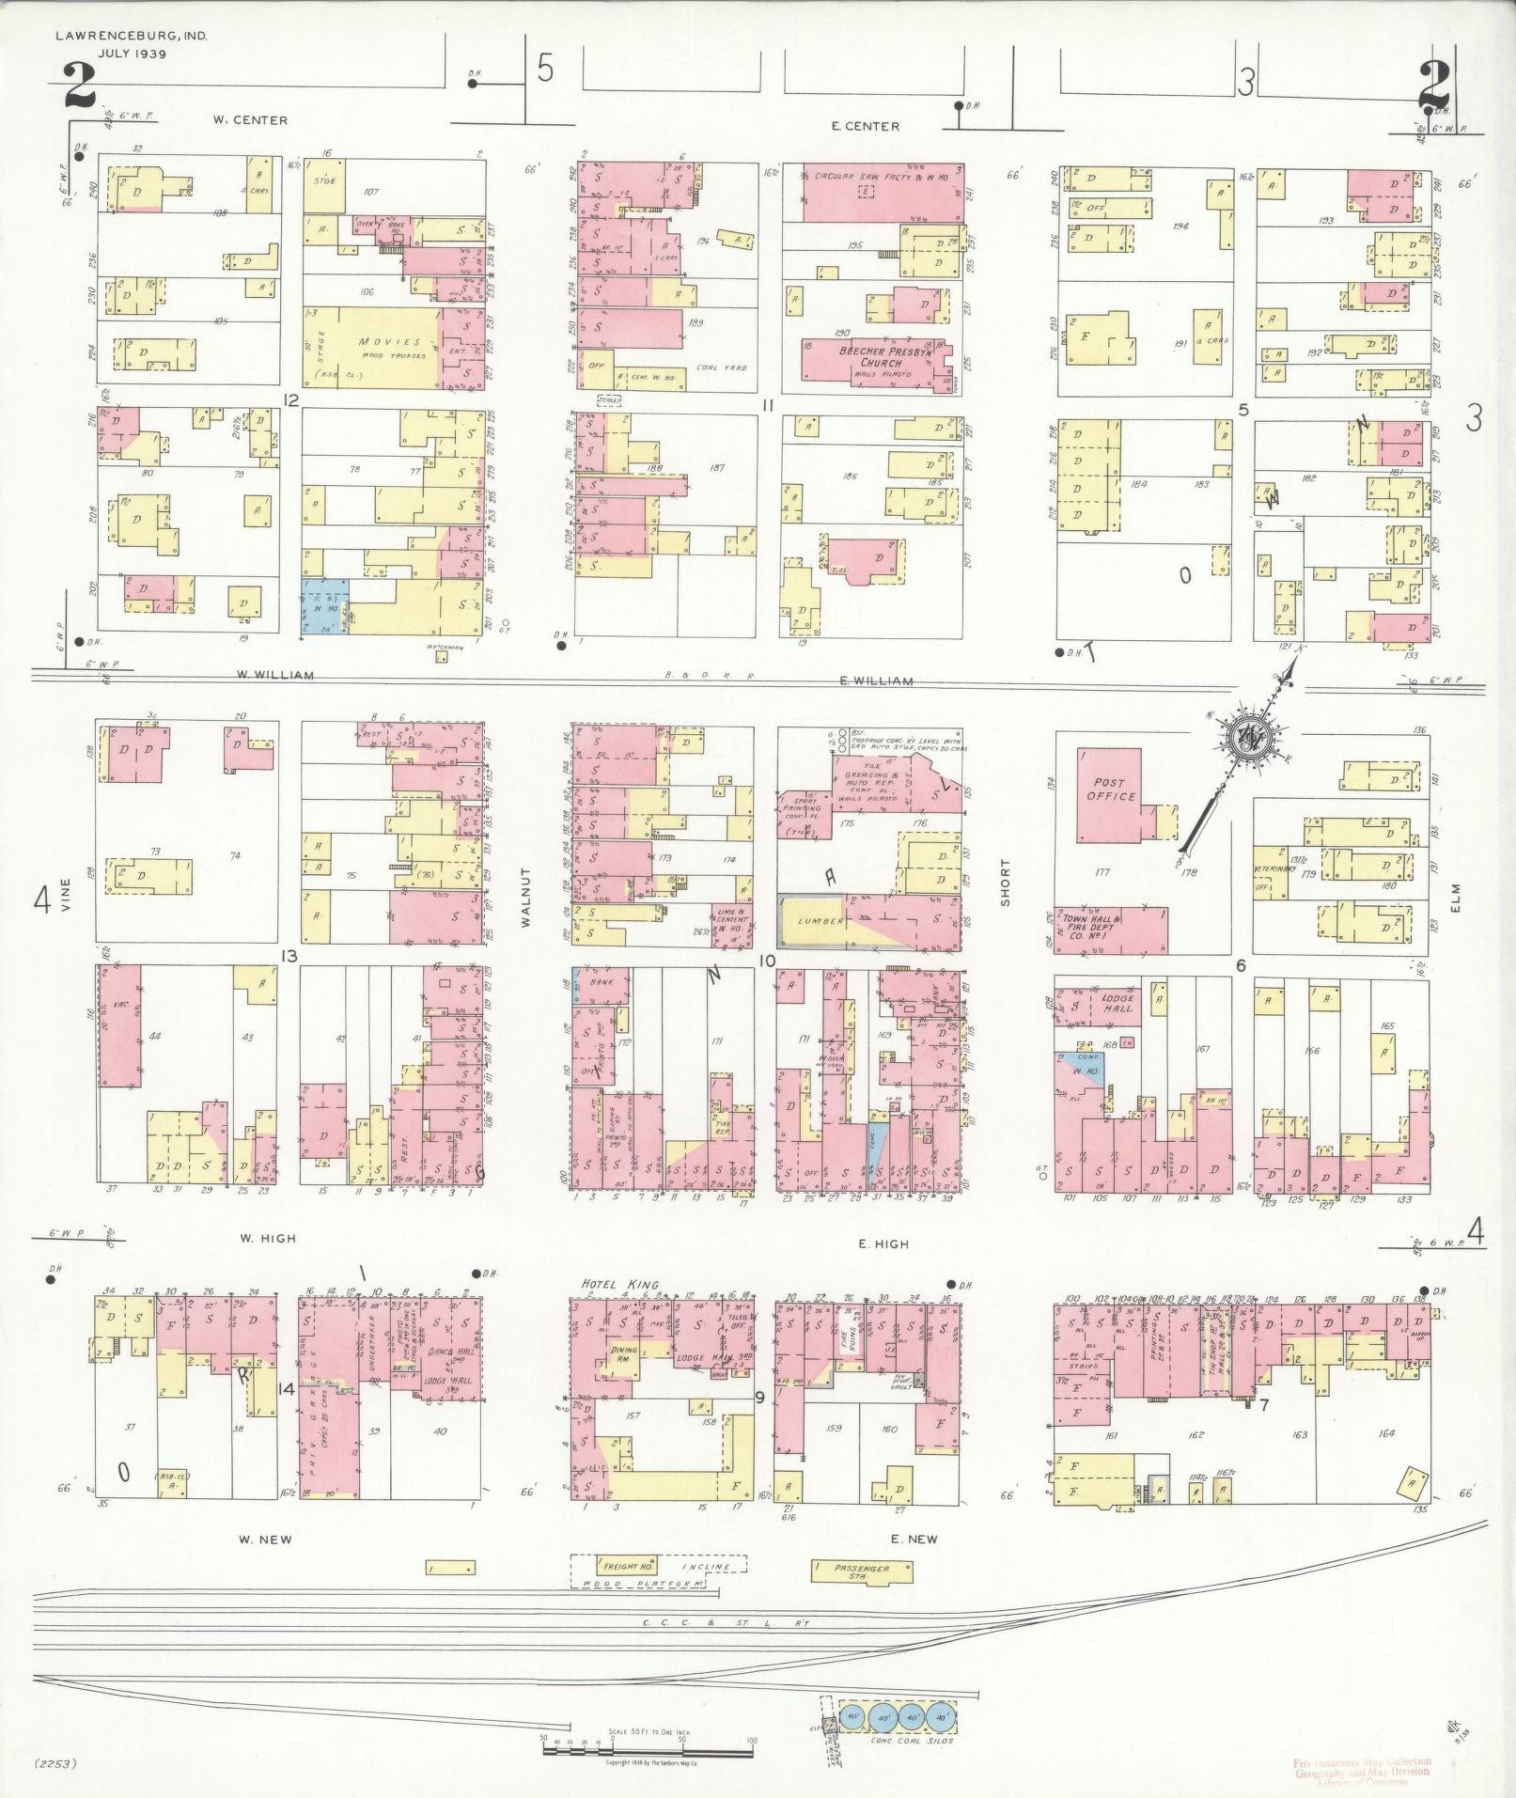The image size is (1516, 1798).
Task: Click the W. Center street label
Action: [x=250, y=120]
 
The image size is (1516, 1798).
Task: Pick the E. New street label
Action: [x=913, y=1539]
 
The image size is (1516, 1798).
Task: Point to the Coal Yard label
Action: [x=721, y=368]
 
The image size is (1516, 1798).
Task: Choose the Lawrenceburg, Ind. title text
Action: [x=131, y=37]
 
